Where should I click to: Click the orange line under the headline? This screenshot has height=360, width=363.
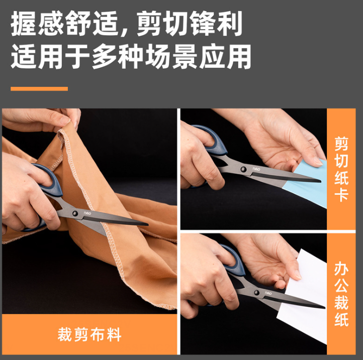[x=39, y=89]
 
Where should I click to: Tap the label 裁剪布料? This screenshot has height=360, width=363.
[x=89, y=334]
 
